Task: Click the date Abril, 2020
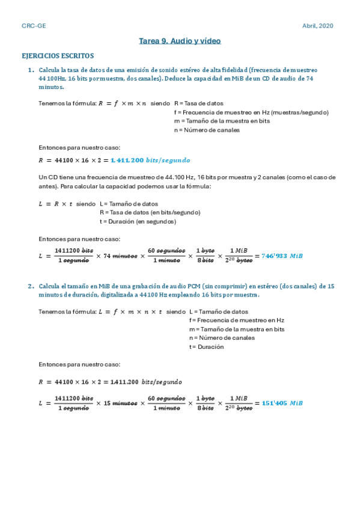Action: coord(317,26)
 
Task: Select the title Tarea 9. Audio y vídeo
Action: coord(180,41)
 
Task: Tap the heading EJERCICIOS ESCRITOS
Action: coord(58,56)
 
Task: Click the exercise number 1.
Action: coord(31,70)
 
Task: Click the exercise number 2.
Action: coord(31,286)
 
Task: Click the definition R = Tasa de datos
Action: coord(198,103)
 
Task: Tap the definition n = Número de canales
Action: coord(207,129)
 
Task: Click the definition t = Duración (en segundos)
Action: coord(138,221)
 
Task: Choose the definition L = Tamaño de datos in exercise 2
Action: coord(218,312)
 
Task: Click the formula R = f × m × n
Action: coord(123,103)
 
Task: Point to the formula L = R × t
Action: coord(55,204)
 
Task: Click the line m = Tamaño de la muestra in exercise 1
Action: coord(221,121)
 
